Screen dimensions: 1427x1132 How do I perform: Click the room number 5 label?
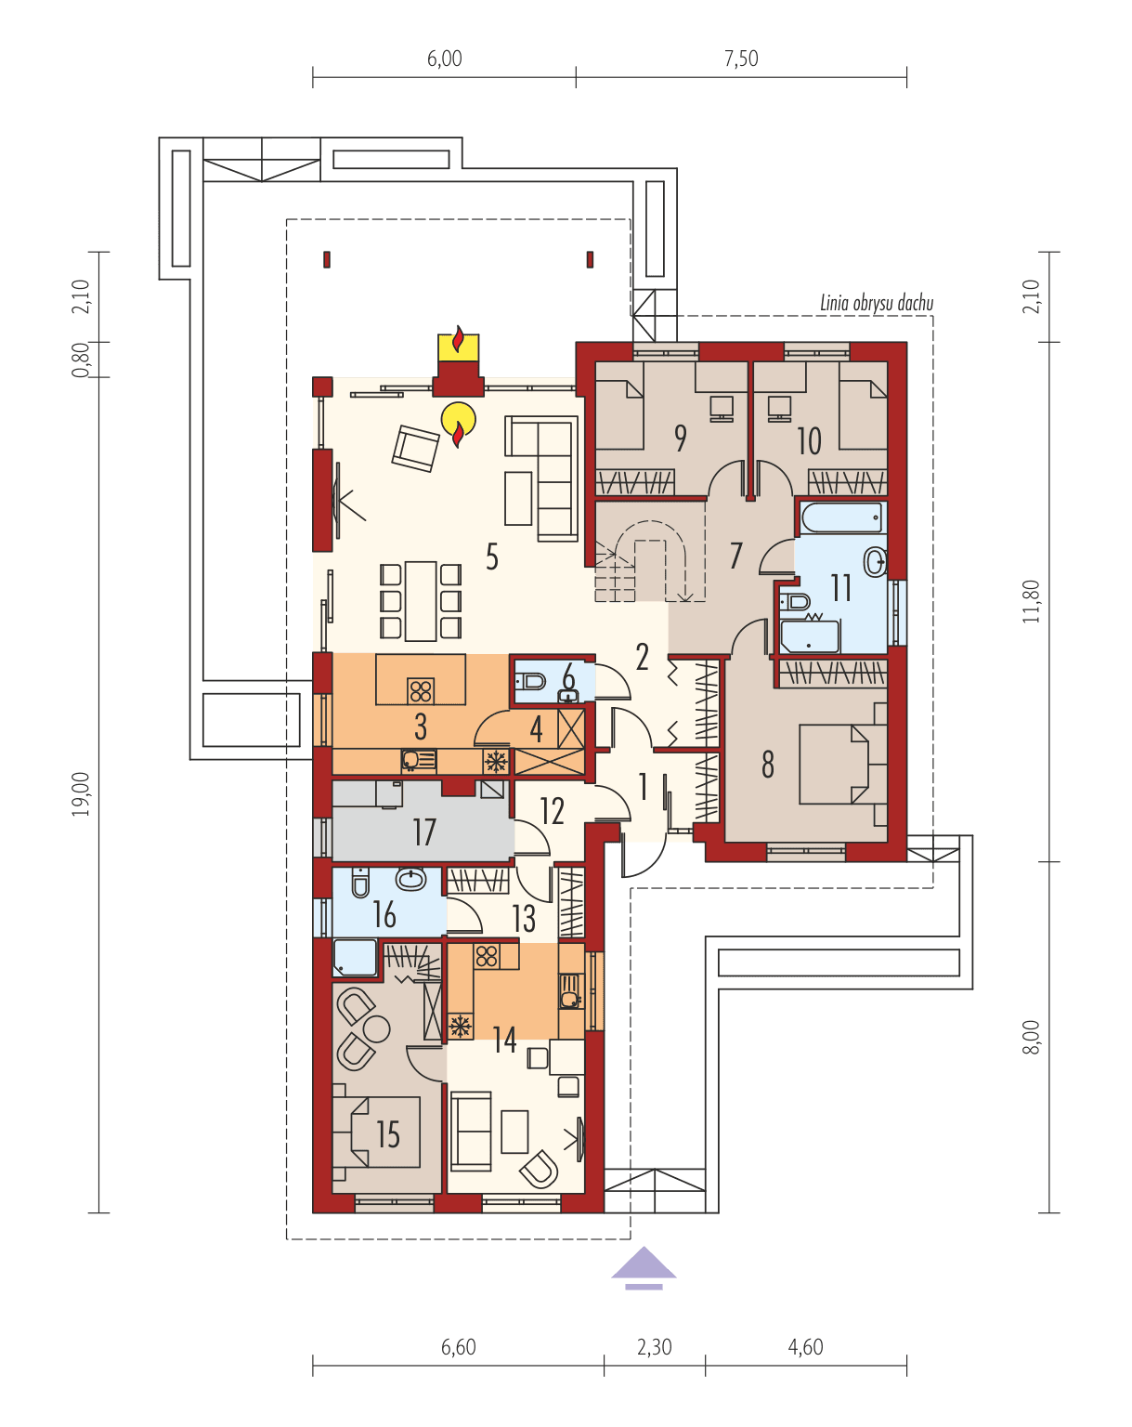tap(492, 556)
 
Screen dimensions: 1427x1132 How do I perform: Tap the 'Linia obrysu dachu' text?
tap(877, 303)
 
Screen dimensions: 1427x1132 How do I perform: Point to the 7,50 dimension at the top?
tap(740, 59)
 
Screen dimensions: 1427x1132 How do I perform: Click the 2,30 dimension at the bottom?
tap(654, 1346)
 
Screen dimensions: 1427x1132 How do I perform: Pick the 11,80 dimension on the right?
tap(1032, 600)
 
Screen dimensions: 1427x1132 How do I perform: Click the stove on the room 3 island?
tap(421, 690)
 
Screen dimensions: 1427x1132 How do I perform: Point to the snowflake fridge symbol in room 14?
tap(459, 1027)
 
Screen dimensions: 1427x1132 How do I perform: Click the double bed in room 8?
tap(836, 764)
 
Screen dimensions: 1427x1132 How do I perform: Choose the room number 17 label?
tap(424, 832)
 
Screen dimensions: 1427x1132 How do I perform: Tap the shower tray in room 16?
tap(355, 958)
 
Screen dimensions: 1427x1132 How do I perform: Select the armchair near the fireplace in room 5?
tap(414, 449)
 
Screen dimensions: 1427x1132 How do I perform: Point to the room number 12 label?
tap(552, 811)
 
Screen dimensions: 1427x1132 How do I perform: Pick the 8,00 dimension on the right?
tap(1032, 1037)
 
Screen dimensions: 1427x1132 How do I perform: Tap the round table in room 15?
tap(376, 1028)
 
